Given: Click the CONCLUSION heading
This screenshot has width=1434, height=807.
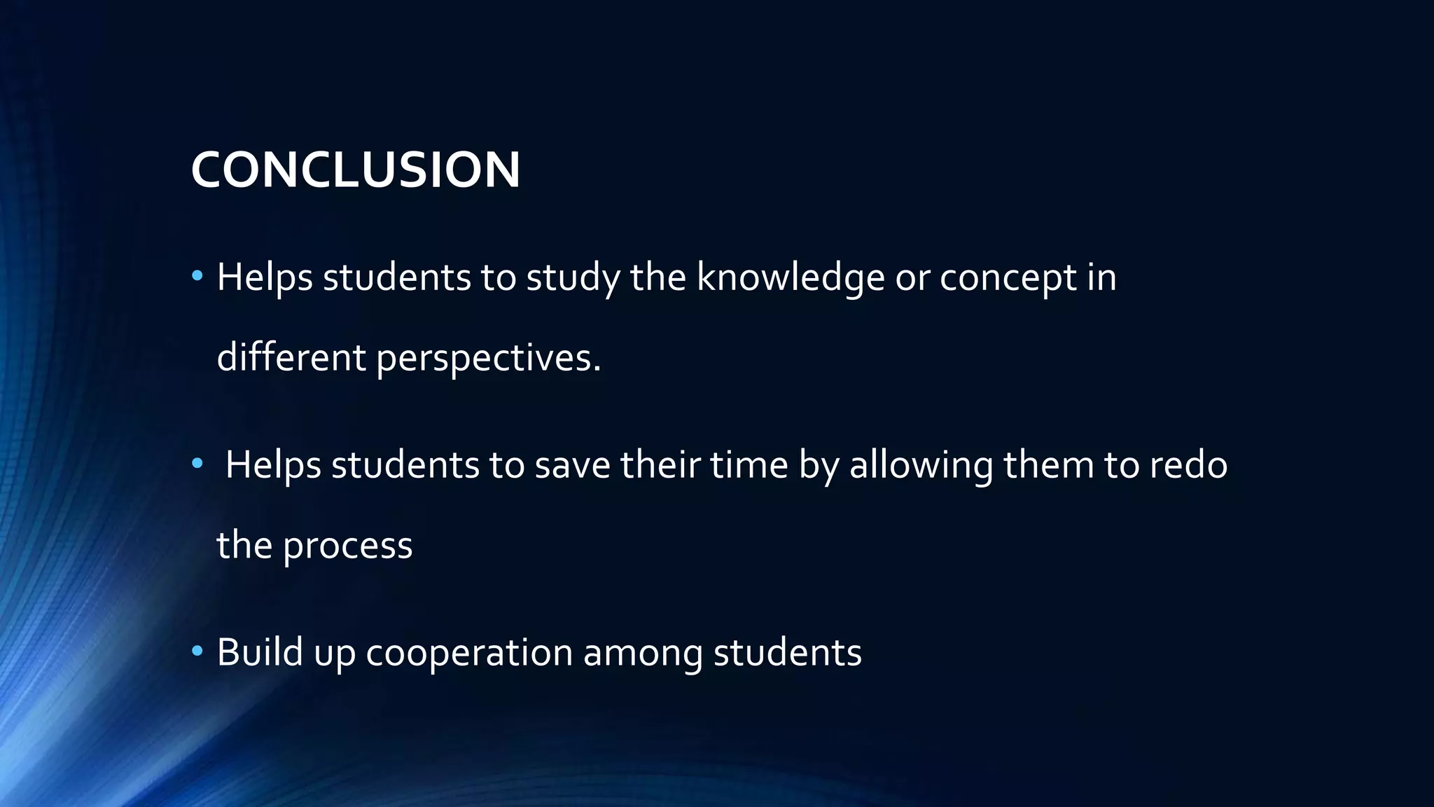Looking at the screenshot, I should (x=356, y=170).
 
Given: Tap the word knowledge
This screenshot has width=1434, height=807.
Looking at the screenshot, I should (x=791, y=277).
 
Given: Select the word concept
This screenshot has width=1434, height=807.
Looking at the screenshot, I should (x=1008, y=277).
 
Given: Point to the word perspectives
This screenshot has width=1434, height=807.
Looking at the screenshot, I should (x=488, y=358).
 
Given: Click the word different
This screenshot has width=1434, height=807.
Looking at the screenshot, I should (x=291, y=357).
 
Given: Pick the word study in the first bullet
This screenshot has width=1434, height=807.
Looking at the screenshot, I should (x=573, y=277).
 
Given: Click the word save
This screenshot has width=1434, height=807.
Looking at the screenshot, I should (x=572, y=466).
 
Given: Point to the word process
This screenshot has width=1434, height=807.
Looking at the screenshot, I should (x=347, y=546).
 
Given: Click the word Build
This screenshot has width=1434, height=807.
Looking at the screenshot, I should (x=260, y=652).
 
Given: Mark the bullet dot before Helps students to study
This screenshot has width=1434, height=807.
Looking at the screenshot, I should (x=197, y=277).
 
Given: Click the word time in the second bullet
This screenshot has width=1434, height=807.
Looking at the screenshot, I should (x=749, y=465).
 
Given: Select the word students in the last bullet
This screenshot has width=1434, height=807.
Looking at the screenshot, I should (x=787, y=653).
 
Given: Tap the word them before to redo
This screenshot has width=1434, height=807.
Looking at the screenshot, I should (x=1048, y=465).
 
